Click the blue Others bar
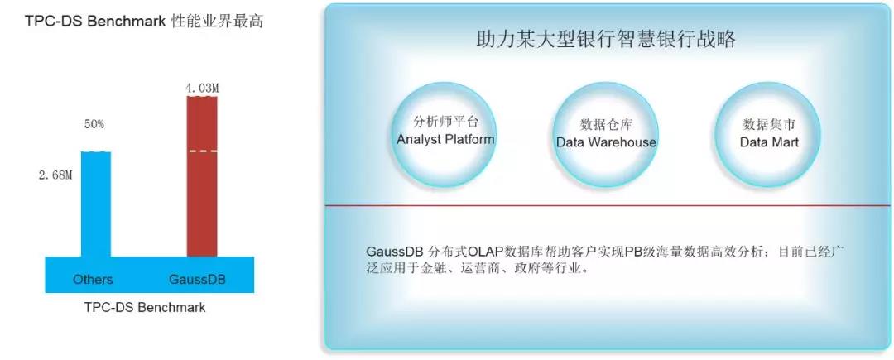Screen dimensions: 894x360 coord(96,204)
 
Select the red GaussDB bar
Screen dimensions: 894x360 coord(202,176)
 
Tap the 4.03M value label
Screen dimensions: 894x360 coord(202,89)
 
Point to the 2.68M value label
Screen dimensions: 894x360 coord(55,175)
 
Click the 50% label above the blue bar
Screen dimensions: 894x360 coord(94,124)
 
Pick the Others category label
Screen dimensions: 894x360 coord(93,280)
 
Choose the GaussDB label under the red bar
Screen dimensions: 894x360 coord(197,280)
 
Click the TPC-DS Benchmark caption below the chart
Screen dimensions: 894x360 coord(145,308)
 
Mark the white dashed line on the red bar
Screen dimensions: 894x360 coord(202,151)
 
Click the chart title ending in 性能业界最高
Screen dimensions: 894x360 coord(144,22)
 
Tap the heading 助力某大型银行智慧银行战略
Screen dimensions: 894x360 coord(605,39)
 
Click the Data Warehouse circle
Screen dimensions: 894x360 coord(606,135)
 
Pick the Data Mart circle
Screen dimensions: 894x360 coord(768,135)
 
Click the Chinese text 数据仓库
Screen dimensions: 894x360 coord(606,125)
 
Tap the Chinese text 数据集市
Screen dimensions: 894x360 coord(768,125)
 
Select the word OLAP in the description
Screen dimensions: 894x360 coord(484,252)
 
